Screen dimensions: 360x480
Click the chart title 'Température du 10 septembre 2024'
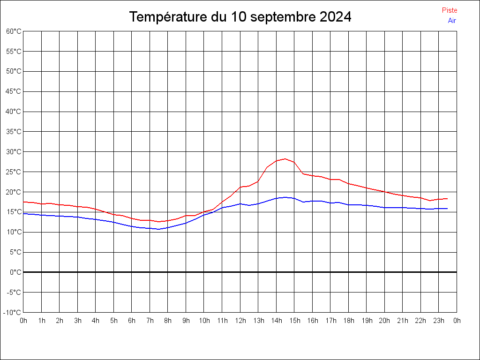click(240, 17)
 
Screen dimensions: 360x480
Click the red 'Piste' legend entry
click(450, 10)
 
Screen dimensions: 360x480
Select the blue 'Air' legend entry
click(452, 21)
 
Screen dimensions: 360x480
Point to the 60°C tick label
click(14, 31)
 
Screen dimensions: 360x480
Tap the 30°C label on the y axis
click(14, 152)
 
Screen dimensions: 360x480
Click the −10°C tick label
click(13, 313)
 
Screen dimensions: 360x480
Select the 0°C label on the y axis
click(15, 272)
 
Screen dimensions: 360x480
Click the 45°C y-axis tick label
click(14, 91)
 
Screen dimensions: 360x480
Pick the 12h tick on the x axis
click(240, 321)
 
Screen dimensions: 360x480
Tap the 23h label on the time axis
click(439, 321)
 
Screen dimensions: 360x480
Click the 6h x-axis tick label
click(132, 321)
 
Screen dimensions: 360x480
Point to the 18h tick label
click(349, 321)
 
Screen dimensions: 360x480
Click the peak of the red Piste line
click(285, 159)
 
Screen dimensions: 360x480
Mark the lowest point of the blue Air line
click(159, 229)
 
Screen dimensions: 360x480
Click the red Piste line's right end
click(447, 199)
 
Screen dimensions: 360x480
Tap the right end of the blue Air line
click(447, 209)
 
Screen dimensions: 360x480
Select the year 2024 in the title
click(335, 17)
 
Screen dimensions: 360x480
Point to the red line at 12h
click(240, 187)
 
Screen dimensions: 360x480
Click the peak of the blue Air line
click(285, 197)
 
